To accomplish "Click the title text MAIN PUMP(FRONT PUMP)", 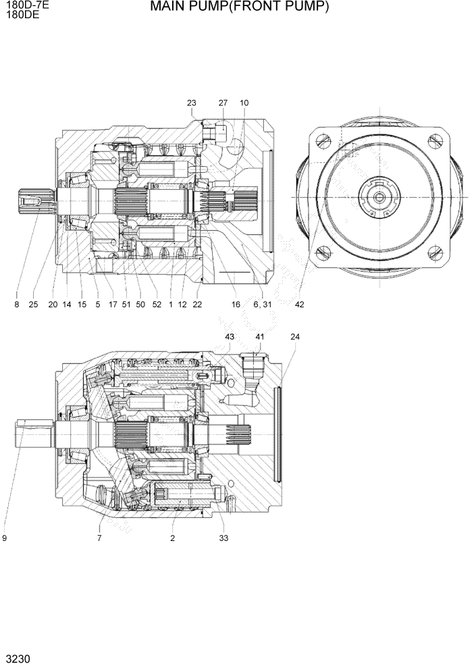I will tap(239, 7).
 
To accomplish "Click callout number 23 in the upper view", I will tap(191, 103).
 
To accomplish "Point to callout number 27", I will tap(223, 103).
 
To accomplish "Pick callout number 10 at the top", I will tap(244, 103).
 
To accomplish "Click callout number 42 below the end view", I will tap(300, 305).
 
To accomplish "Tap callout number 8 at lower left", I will tap(17, 305).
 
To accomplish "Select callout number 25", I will tap(33, 305).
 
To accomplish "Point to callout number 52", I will tap(157, 305).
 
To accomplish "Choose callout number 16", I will tap(236, 305).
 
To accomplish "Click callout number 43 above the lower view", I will tap(230, 336).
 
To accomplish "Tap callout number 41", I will tap(259, 336).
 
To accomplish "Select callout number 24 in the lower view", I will tap(294, 336).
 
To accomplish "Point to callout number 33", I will tap(223, 538).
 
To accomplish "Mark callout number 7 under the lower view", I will tap(99, 538).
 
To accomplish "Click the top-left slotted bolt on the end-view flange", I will tap(323, 140).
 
